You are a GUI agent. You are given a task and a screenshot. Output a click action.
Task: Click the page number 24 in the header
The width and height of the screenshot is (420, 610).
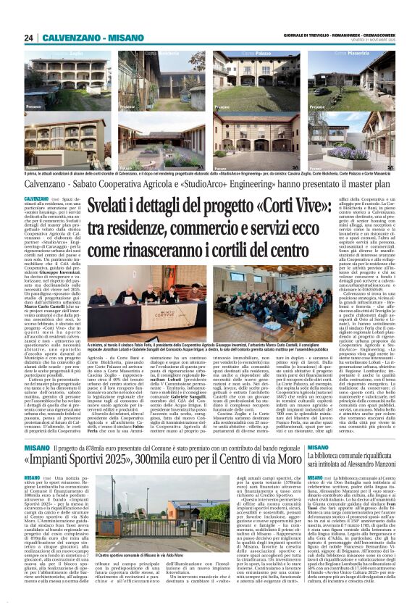[28, 38]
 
